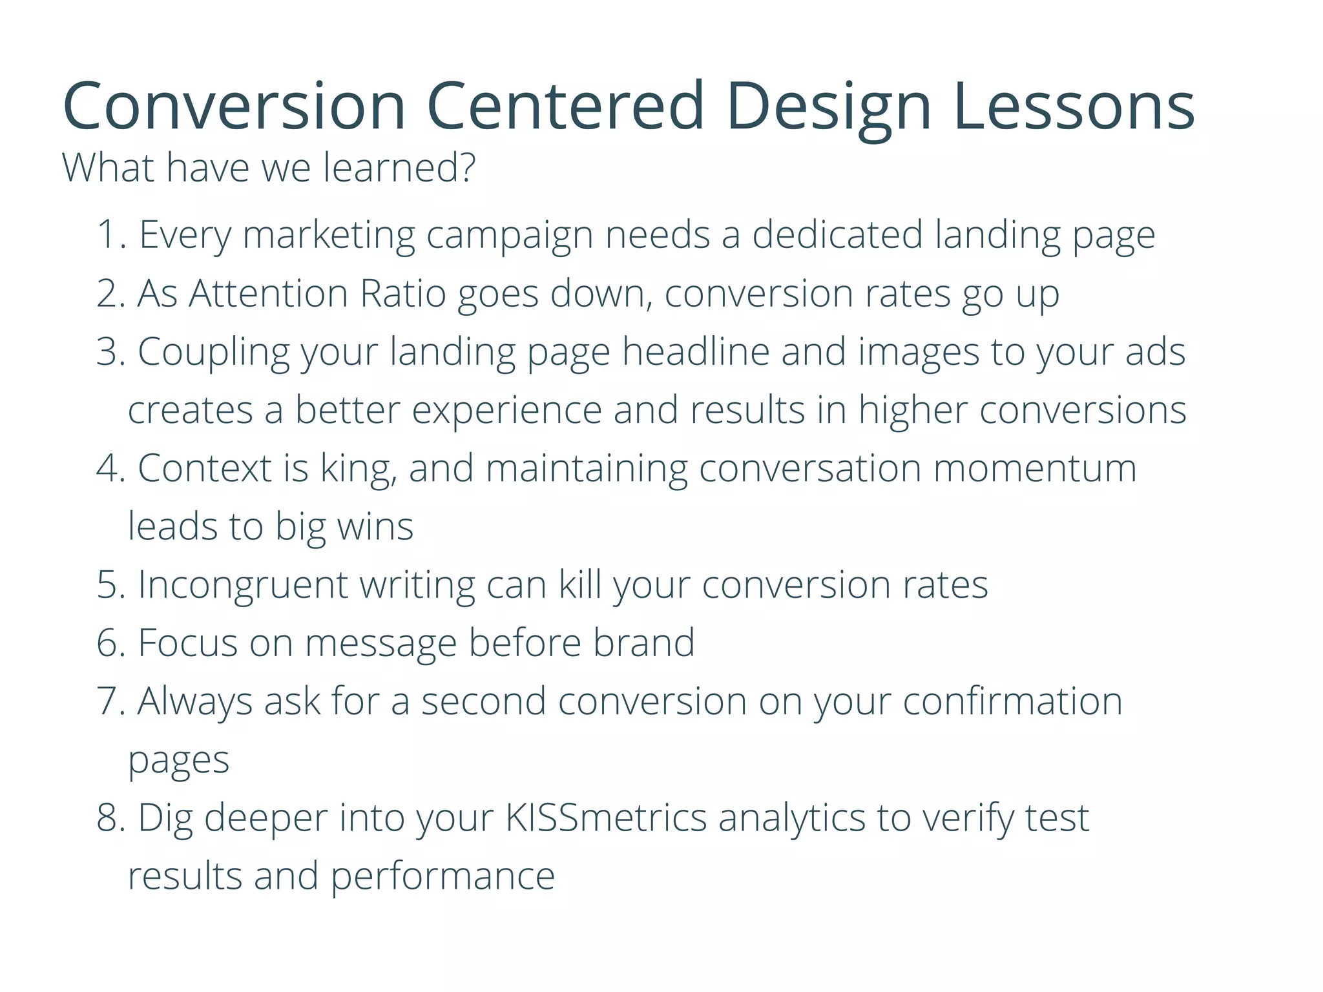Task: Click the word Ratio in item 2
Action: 402,294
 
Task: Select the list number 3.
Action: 108,352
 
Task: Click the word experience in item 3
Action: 506,411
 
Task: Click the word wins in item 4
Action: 375,527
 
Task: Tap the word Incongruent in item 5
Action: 243,586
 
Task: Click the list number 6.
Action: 108,643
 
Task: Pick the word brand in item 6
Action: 643,643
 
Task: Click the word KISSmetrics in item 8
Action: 606,818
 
